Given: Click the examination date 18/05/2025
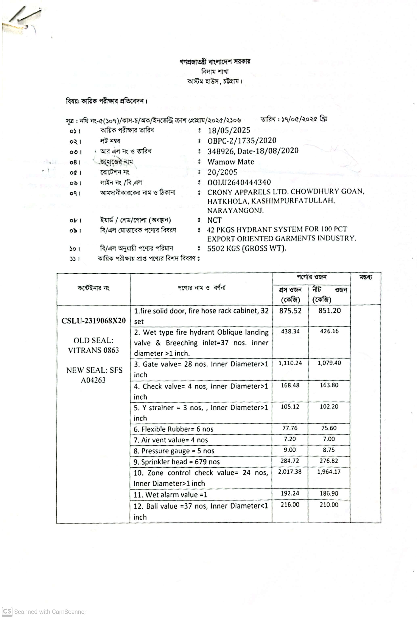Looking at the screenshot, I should pos(229,130).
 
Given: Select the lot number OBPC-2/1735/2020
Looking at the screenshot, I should pos(242,140).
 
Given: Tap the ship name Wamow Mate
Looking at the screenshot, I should pos(231,162).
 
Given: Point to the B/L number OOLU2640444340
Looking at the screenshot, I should pos(239,182).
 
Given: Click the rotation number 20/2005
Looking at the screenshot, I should pos(222,172).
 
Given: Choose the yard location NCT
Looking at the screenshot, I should pos(214,220).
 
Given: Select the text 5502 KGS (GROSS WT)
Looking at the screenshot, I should pos(246,248).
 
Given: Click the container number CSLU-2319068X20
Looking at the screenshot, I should pos(93,321).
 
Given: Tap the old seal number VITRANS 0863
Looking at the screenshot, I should pos(93,350).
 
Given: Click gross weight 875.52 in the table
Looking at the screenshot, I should pos(290,311).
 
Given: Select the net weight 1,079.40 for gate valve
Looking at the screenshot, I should pos(329,363).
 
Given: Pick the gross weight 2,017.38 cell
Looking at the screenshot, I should pos(290,471).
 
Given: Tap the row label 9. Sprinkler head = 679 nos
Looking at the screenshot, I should pos(177,462).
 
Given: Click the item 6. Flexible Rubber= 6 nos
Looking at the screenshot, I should pos(173,429).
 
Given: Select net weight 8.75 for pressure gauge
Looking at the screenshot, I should pos(329,450).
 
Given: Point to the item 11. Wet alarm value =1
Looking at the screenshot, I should pos(170,495).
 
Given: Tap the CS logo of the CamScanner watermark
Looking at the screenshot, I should pos(7,612).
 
